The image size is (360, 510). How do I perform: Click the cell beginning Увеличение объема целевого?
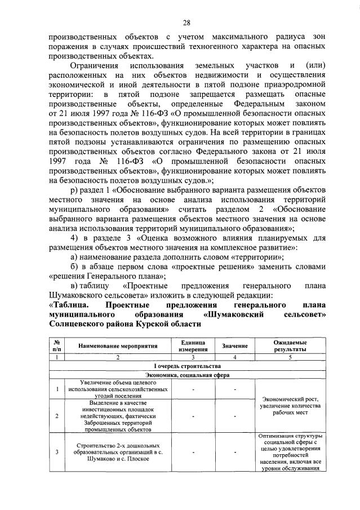point(118,389)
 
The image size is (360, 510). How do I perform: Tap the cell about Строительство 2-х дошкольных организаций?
point(118,451)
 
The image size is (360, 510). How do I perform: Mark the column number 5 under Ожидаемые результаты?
point(290,357)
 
